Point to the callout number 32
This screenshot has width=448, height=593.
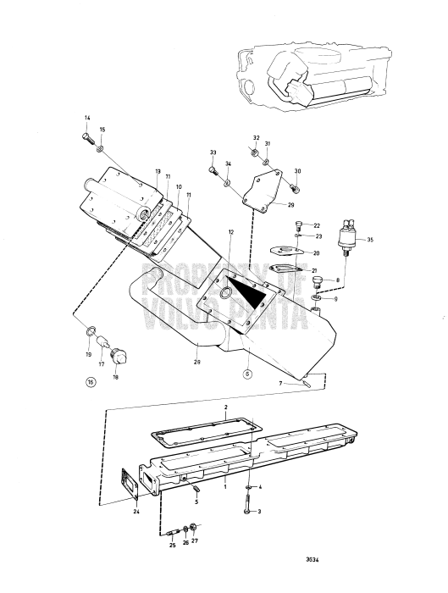click(256, 136)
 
